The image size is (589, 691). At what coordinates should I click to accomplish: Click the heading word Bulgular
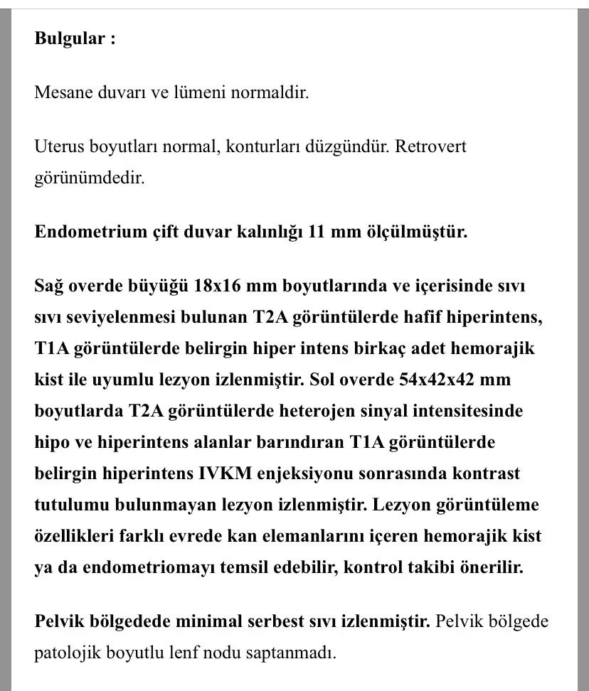tap(70, 38)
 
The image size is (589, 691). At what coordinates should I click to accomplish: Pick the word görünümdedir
tap(89, 178)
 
